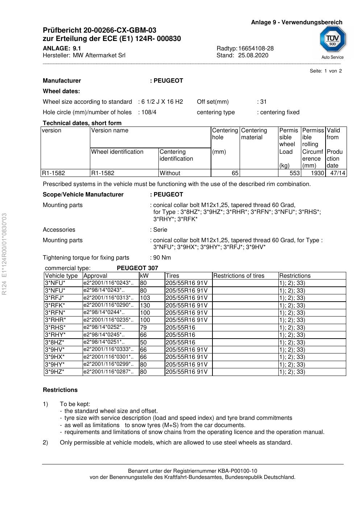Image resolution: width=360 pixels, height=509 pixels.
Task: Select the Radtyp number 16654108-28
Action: [256, 49]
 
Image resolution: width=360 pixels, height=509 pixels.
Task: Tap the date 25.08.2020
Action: [253, 55]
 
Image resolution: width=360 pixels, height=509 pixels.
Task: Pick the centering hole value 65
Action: [235, 173]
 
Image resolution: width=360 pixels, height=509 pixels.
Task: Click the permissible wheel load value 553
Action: [295, 173]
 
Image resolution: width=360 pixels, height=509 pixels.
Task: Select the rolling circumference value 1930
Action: [317, 173]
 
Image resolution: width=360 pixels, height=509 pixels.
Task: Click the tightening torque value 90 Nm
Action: [162, 258]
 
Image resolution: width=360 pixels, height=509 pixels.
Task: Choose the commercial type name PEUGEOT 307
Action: [137, 268]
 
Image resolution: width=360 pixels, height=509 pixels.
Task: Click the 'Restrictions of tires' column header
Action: [239, 276]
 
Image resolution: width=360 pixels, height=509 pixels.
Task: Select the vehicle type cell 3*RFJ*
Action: [54, 298]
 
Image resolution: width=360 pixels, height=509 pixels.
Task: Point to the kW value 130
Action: [145, 305]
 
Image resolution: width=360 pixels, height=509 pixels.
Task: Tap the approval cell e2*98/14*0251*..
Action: [104, 342]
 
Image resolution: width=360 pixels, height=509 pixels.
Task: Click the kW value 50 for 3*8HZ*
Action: [144, 342]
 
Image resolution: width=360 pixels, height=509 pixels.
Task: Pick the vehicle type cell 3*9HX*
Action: [55, 357]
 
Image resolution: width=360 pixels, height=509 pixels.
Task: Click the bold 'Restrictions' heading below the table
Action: [60, 390]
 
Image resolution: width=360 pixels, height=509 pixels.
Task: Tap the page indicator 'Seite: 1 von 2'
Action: [326, 71]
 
